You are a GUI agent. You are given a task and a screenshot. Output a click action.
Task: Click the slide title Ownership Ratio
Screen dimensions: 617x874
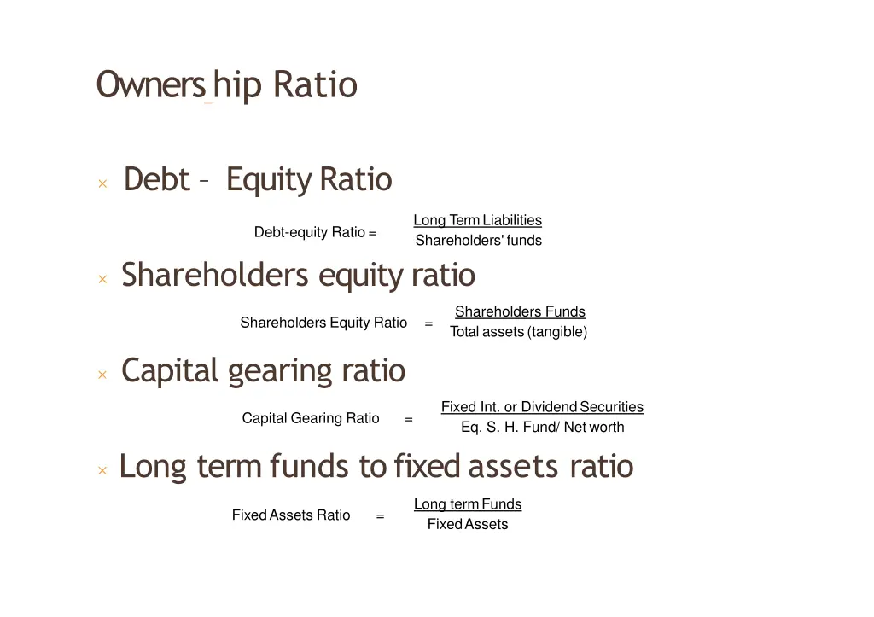click(226, 85)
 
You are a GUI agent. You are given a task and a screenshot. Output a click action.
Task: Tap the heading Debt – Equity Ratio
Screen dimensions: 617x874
click(257, 180)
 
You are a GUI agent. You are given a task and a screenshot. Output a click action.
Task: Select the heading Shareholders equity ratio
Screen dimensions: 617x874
click(298, 276)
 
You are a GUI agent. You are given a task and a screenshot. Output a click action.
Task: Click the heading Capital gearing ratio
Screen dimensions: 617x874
click(263, 371)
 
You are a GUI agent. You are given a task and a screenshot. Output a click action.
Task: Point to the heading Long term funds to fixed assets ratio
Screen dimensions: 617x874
click(376, 467)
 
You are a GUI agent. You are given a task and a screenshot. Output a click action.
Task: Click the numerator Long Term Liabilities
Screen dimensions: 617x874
click(477, 220)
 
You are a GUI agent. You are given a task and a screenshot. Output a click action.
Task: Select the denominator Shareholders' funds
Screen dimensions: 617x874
click(478, 241)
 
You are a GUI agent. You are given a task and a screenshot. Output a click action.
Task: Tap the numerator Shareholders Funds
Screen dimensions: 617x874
click(520, 311)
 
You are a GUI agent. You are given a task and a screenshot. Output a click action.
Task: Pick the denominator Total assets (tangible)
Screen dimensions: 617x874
click(518, 332)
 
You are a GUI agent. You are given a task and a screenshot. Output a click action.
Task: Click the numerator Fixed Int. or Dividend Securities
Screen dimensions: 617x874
click(542, 407)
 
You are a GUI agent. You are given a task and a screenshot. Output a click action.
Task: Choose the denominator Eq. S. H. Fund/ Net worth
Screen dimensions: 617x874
click(542, 428)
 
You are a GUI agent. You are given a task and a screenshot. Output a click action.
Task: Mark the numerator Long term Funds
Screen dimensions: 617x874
click(468, 504)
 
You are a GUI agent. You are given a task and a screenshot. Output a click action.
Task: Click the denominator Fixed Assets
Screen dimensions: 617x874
click(468, 525)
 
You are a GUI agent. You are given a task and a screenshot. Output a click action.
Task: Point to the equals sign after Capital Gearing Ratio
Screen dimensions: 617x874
click(409, 419)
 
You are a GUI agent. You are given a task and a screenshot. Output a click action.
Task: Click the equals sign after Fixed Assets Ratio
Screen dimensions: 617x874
click(380, 516)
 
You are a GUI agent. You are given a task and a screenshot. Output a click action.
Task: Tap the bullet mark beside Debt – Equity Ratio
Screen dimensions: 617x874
click(102, 183)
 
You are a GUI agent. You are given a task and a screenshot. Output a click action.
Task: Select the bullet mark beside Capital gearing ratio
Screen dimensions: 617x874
click(102, 375)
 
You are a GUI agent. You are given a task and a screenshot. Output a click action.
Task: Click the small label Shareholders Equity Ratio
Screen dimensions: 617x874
click(323, 323)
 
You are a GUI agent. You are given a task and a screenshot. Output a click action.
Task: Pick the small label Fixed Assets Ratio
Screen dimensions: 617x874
click(291, 515)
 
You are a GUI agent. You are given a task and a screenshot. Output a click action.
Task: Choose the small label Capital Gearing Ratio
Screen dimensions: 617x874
click(311, 418)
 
